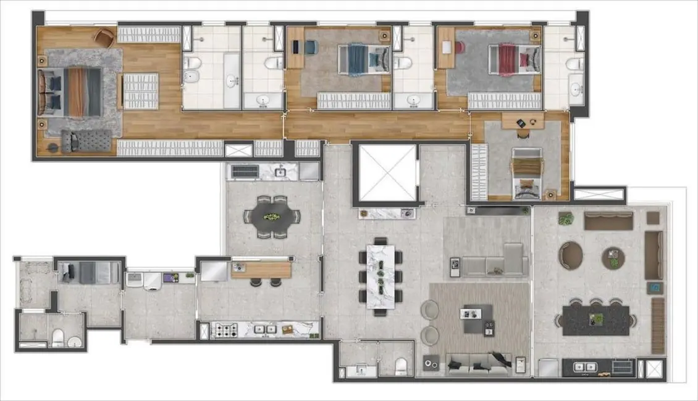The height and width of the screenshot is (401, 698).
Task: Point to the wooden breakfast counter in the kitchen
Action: [x=261, y=269]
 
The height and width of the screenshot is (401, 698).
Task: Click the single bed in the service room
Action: [x=90, y=271]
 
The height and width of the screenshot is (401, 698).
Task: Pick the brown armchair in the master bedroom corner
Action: [x=104, y=37]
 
